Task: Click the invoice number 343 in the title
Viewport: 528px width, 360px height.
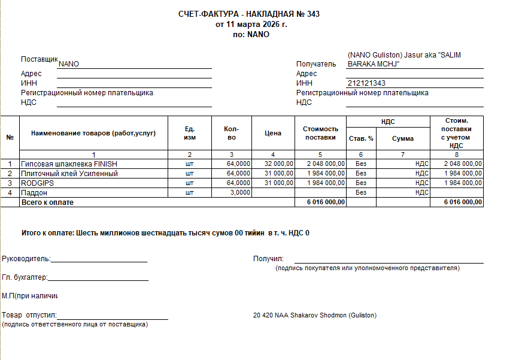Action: pos(313,14)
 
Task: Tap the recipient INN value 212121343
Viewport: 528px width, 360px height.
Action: pos(366,83)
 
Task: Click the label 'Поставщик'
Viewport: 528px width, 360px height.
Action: pos(39,60)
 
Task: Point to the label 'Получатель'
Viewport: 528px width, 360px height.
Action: pos(316,64)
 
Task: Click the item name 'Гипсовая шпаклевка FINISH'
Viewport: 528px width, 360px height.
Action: pos(69,164)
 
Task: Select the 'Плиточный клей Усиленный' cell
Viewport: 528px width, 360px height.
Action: pos(69,174)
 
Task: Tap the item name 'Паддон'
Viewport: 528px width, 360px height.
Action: pos(34,193)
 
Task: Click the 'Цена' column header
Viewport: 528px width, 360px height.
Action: pos(272,133)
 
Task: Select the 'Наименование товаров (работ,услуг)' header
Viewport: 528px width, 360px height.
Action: pos(93,133)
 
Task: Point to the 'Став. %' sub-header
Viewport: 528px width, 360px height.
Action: pos(361,138)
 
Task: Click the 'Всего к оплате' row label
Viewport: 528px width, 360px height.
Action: pos(47,202)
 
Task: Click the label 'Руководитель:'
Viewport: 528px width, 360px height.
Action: pos(26,259)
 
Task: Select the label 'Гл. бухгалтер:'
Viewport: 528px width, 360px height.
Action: pos(25,277)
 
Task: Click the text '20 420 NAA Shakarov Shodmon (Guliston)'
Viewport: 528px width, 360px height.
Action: pos(315,315)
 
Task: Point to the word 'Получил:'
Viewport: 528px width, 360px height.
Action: pos(268,259)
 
